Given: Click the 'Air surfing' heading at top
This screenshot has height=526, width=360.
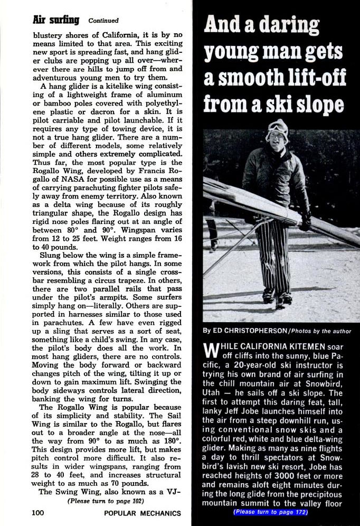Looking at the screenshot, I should (x=55, y=20).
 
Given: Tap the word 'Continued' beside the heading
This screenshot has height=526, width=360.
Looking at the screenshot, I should (x=103, y=21).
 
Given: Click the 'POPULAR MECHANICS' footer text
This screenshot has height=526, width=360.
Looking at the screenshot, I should (x=143, y=513).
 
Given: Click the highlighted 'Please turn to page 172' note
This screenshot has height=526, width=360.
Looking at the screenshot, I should (x=270, y=512).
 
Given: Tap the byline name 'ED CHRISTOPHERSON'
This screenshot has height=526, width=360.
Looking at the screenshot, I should (x=245, y=331).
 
